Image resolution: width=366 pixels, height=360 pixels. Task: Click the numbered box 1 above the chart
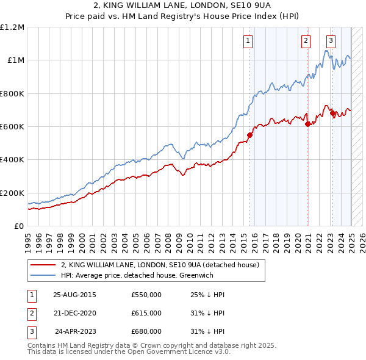tap(249, 41)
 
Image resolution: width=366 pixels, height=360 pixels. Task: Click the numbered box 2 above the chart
tap(306, 41)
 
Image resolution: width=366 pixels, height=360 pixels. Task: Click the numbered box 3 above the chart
tap(331, 41)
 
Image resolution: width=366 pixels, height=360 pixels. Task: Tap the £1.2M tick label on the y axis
tap(12, 27)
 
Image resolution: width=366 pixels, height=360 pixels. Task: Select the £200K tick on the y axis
tap(12, 193)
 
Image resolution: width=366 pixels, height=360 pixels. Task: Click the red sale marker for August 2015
tap(249, 135)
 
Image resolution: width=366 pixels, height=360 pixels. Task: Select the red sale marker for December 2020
tap(307, 124)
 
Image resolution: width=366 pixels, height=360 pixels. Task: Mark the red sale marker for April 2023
tap(332, 113)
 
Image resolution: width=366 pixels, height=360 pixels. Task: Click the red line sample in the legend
tap(43, 265)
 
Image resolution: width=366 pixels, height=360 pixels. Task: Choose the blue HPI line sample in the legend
tap(43, 275)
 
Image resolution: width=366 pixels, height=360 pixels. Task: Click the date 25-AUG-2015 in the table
tap(74, 295)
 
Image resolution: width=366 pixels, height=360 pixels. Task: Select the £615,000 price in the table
tap(146, 313)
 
